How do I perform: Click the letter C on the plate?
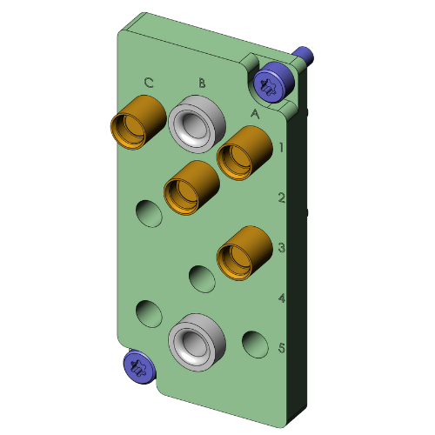[149, 84]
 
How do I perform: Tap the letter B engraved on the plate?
[202, 84]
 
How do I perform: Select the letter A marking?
[255, 113]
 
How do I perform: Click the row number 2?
[282, 197]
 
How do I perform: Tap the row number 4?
[282, 298]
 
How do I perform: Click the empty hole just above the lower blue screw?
[149, 313]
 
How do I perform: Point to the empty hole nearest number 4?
[203, 279]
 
